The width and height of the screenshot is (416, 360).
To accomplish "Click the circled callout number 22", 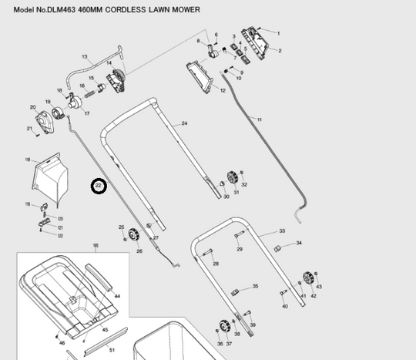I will coord(99,186).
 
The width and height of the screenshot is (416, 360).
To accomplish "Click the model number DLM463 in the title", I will coord(57,9).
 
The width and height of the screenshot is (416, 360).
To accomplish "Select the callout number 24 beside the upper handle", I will coord(184,123).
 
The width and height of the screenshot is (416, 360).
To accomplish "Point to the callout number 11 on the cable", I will coord(260,120).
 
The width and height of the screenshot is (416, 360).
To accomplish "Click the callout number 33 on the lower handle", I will coord(282,231).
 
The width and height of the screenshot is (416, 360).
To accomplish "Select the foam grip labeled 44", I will coord(99,274).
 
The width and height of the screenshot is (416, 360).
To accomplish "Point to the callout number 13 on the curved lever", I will coord(86,57).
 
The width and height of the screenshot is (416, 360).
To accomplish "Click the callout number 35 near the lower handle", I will coord(256,286).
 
